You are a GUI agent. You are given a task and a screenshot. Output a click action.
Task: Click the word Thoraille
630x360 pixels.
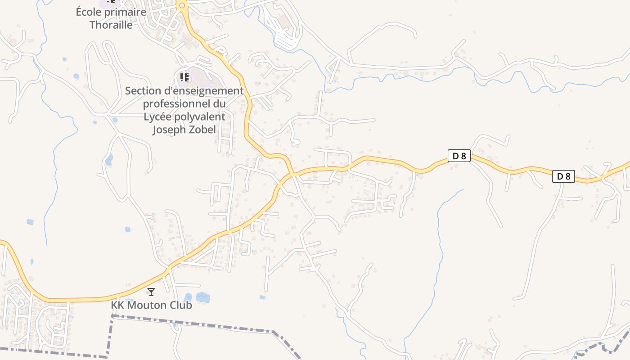pyautogui.click(x=111, y=25)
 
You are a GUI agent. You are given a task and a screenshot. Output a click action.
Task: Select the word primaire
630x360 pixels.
pyautogui.click(x=125, y=12)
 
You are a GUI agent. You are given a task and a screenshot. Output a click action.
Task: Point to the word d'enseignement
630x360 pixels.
pyautogui.click(x=202, y=91)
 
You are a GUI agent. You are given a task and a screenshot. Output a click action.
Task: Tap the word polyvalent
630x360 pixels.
pyautogui.click(x=202, y=117)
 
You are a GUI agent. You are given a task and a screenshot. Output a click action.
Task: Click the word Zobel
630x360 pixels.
pyautogui.click(x=202, y=130)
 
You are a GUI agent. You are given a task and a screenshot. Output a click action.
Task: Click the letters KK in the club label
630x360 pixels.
pyautogui.click(x=117, y=305)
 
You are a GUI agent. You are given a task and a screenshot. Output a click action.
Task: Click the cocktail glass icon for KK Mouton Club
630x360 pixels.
pyautogui.click(x=151, y=292)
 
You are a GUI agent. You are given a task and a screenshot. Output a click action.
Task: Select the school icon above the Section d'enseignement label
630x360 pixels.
pyautogui.click(x=184, y=77)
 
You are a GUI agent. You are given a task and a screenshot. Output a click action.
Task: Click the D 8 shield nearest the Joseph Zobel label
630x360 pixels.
pyautogui.click(x=459, y=156)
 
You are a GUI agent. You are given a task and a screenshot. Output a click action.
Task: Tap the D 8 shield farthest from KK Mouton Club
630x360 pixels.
pyautogui.click(x=563, y=176)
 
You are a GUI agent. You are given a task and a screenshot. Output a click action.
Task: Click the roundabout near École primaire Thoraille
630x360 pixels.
pyautogui.click(x=182, y=6)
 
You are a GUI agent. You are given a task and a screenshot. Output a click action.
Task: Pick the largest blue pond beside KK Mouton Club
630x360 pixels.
pyautogui.click(x=202, y=297)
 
